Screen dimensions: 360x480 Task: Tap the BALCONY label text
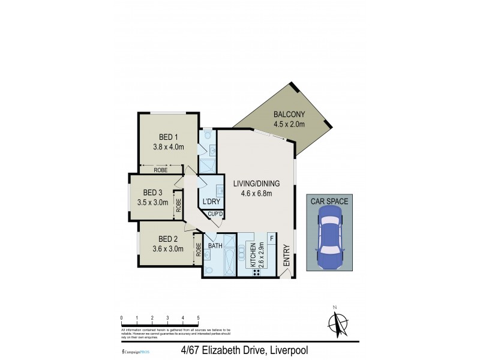point(290,115)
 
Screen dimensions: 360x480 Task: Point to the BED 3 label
point(153,193)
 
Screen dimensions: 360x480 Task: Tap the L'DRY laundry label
point(211,201)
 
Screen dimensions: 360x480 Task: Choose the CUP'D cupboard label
point(215,214)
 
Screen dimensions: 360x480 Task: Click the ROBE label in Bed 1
point(160,170)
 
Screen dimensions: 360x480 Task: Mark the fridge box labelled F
point(272,239)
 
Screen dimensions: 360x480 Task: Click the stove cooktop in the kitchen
point(256,272)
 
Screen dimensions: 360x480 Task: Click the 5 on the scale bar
point(198,318)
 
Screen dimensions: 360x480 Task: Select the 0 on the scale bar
point(121,318)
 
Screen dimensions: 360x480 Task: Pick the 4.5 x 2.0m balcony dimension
point(290,125)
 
